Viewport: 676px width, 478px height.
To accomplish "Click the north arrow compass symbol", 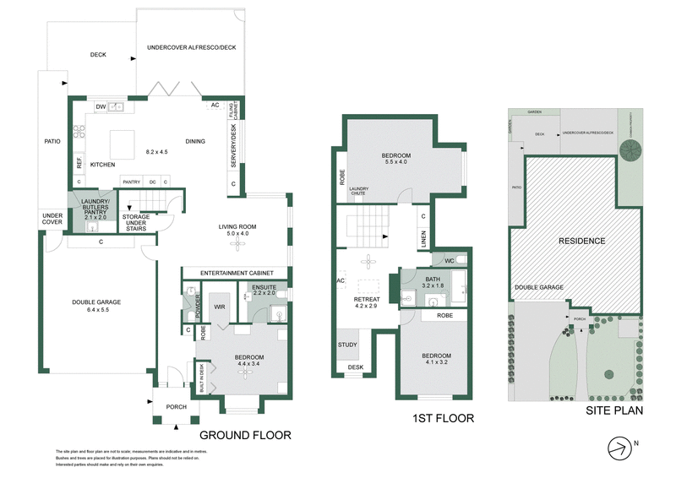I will (x=623, y=447).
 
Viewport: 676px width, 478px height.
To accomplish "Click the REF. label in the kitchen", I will (x=79, y=160).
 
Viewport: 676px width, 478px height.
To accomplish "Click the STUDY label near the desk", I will (x=347, y=345).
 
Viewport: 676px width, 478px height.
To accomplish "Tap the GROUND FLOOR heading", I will (x=245, y=436).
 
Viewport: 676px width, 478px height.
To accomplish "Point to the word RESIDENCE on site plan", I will (x=581, y=241).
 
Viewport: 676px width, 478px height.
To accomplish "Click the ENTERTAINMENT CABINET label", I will (x=235, y=272).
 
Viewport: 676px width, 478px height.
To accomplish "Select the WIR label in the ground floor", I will (x=218, y=307).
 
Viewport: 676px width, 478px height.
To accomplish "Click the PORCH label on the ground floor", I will (x=176, y=407).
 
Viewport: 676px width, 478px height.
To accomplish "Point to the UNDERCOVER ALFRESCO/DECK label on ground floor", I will (x=191, y=47).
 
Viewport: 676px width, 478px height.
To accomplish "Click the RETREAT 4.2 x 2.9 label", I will (x=365, y=301).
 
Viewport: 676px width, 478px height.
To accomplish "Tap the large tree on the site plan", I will (x=631, y=149).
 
